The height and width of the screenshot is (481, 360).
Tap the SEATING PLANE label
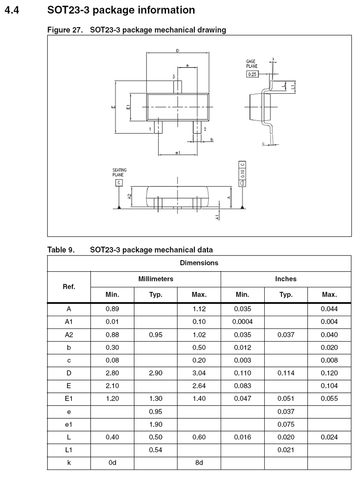point(119,172)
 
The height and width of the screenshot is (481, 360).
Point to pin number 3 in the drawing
point(174,76)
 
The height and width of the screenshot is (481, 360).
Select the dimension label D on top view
point(177,50)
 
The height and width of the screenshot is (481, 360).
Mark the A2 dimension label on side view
point(129,196)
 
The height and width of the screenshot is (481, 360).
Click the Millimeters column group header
point(155,279)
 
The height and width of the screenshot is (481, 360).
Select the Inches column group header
point(286,279)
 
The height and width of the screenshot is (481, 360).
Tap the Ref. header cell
point(69,286)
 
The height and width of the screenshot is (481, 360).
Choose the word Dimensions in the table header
point(199,263)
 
